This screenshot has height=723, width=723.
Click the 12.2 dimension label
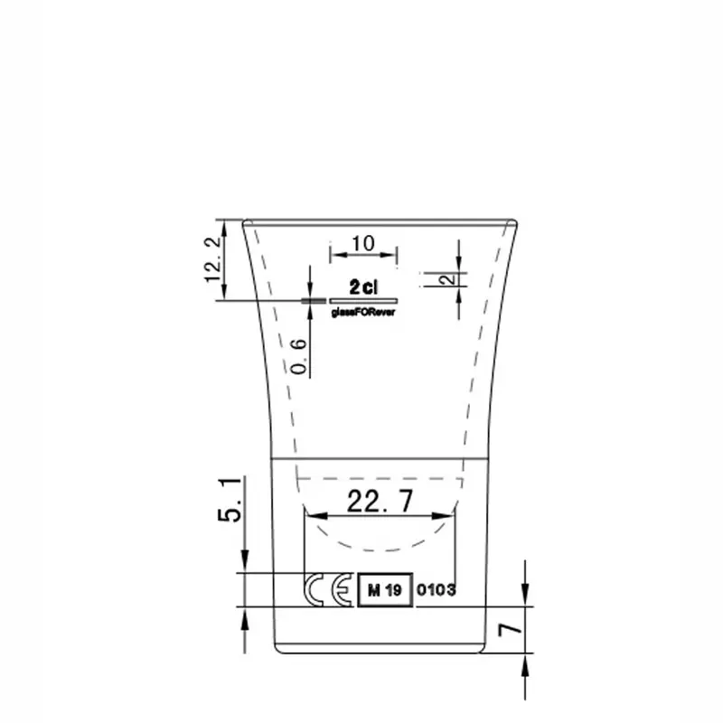pyautogui.click(x=213, y=258)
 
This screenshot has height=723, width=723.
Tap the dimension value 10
pyautogui.click(x=363, y=242)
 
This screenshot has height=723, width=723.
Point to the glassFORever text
pyautogui.click(x=364, y=311)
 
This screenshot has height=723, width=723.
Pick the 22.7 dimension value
pyautogui.click(x=380, y=498)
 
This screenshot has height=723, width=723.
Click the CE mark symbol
pyautogui.click(x=329, y=589)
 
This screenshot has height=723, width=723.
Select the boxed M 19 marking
pyautogui.click(x=384, y=590)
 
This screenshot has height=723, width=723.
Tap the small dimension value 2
pyautogui.click(x=446, y=279)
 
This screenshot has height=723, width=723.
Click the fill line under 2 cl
pyautogui.click(x=364, y=299)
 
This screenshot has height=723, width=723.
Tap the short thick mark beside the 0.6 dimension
pyautogui.click(x=314, y=299)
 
